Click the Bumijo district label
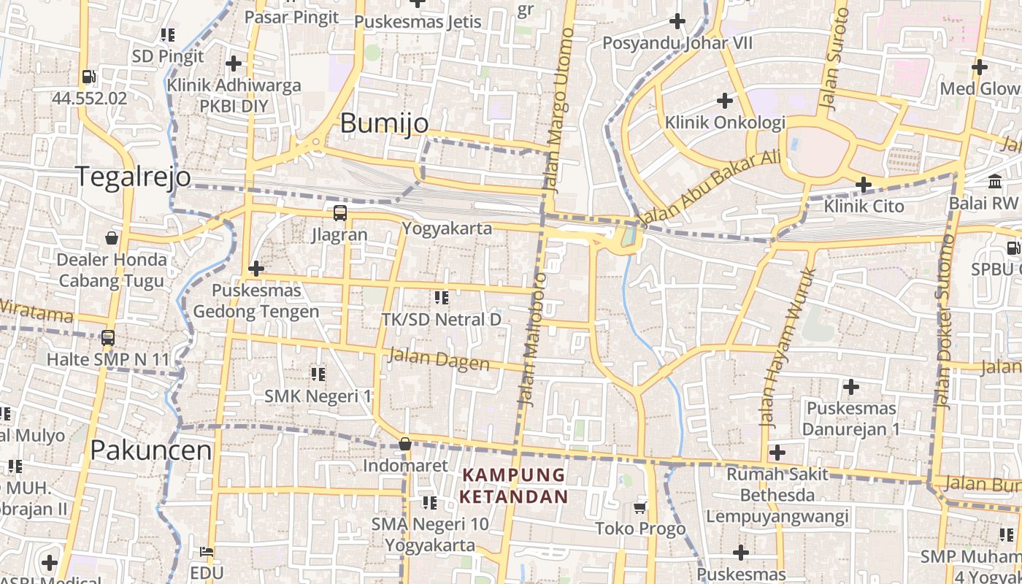click(385, 123)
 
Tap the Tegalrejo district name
click(134, 177)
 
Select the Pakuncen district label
click(151, 450)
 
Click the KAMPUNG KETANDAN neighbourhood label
click(514, 486)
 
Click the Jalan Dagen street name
click(439, 358)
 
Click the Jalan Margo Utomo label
click(559, 109)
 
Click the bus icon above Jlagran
click(340, 213)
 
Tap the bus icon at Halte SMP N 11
click(108, 338)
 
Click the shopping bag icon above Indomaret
click(405, 444)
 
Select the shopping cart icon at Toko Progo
click(640, 507)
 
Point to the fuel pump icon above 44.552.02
click(89, 77)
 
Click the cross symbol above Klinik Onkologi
click(724, 100)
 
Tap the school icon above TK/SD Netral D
click(441, 297)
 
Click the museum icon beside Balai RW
click(995, 181)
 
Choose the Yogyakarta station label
click(447, 228)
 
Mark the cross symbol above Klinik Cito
click(864, 185)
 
